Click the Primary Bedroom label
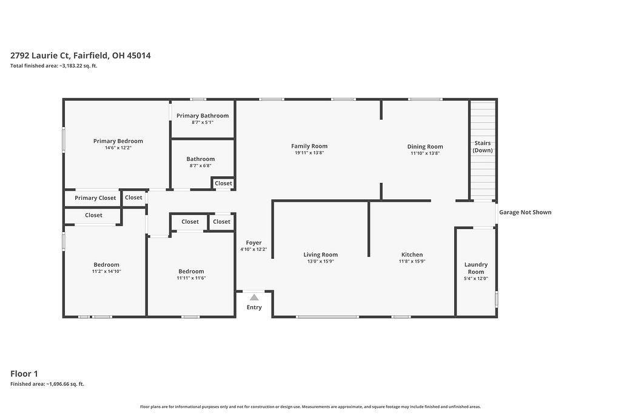click(118, 141)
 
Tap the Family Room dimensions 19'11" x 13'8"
click(309, 153)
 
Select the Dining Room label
click(425, 146)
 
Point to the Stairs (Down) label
click(483, 146)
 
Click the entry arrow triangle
click(254, 297)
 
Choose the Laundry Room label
click(476, 268)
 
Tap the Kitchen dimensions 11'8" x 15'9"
click(412, 261)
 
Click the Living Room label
click(321, 255)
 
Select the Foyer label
click(254, 242)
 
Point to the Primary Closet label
click(95, 198)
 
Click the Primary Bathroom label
click(203, 115)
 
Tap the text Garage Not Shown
click(525, 212)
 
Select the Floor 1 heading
click(24, 374)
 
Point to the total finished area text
click(54, 66)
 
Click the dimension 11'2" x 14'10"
click(107, 272)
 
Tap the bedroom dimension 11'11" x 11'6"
click(191, 278)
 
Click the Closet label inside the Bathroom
click(223, 183)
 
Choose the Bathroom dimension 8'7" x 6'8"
click(200, 166)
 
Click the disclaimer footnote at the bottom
click(310, 406)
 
